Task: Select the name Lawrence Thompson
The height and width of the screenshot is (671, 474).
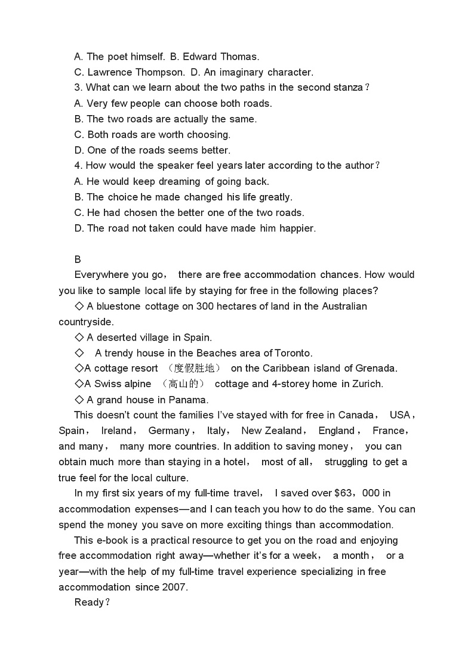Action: point(136,72)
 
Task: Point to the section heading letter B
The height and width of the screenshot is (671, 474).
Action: point(78,259)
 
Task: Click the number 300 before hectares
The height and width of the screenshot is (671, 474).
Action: point(189,306)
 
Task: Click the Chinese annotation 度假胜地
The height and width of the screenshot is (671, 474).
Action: point(195,368)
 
